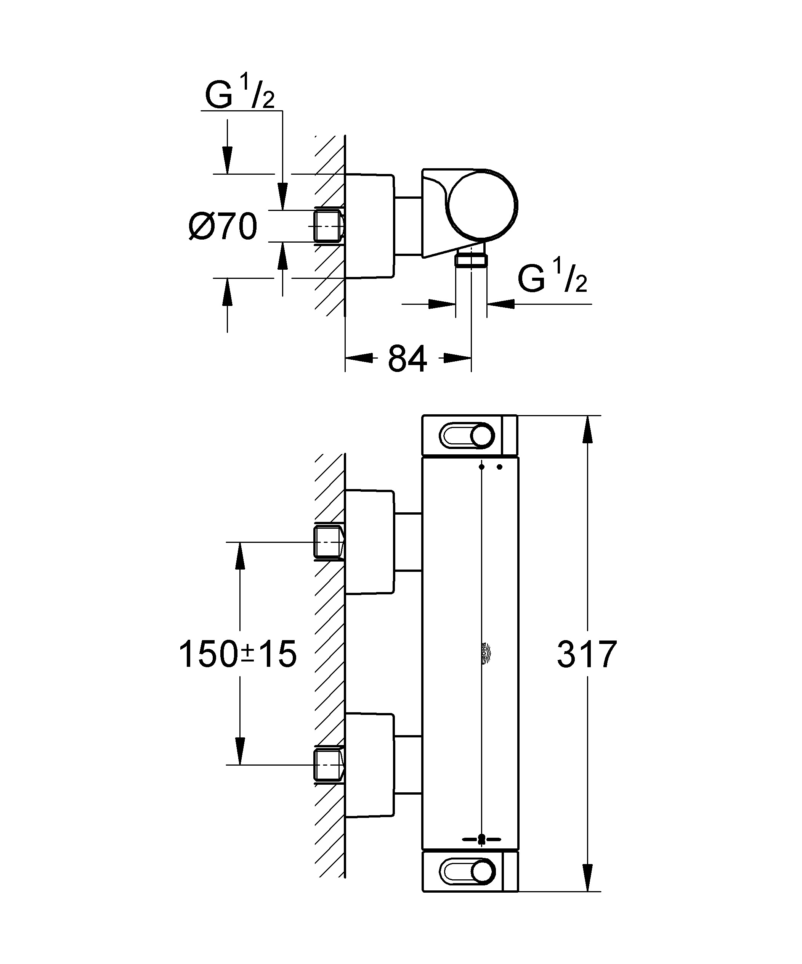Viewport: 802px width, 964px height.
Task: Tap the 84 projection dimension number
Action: coord(407,359)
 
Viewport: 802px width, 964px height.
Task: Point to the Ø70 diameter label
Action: coord(223,226)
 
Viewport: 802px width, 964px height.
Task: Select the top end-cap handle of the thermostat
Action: coord(467,435)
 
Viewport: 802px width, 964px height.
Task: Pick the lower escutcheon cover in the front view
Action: coord(369,765)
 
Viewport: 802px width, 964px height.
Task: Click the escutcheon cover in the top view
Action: coord(369,226)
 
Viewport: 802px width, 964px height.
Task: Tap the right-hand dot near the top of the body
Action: coord(500,467)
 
